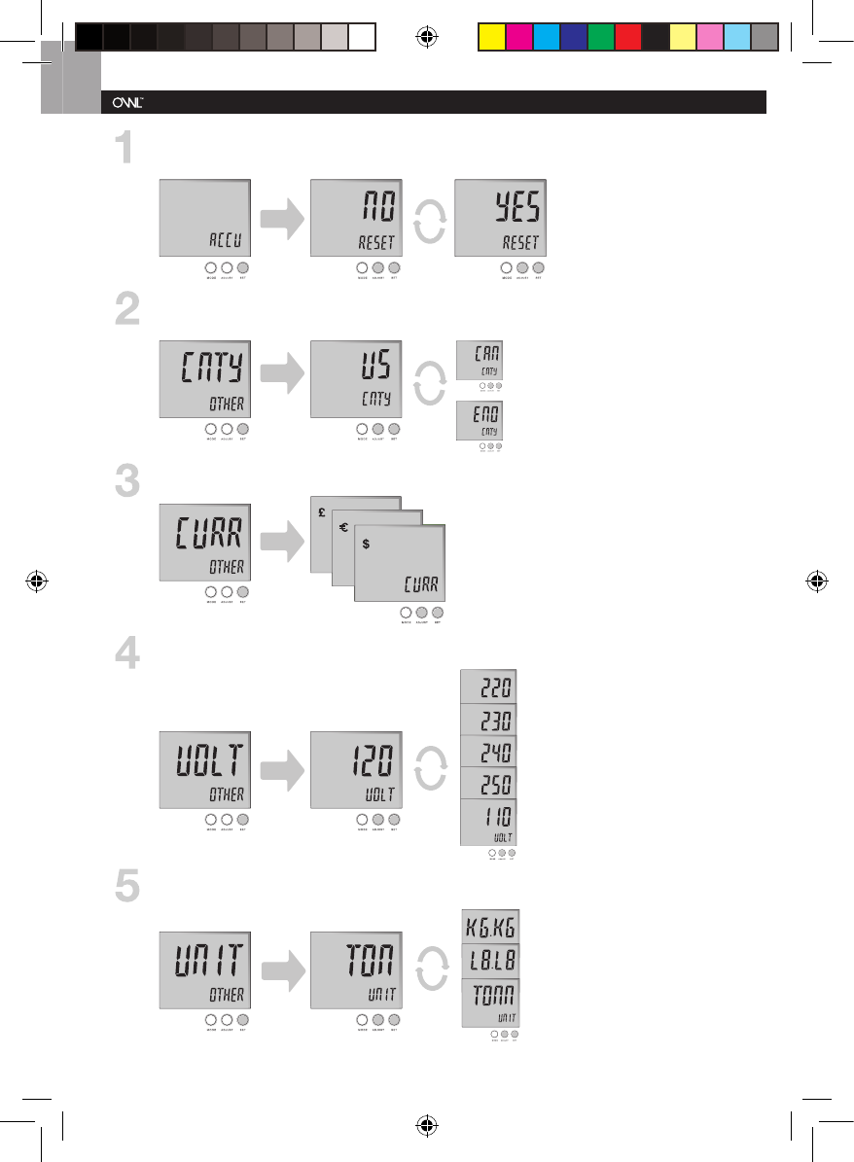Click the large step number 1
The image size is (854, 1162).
tap(124, 151)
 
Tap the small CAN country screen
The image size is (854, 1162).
tap(481, 361)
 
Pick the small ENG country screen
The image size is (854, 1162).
tap(481, 420)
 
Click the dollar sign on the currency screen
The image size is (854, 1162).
tap(365, 545)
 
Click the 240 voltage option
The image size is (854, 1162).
tap(489, 752)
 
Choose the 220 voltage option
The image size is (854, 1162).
tap(489, 687)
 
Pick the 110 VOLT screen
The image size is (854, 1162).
tap(489, 822)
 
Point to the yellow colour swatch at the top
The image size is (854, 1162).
tap(492, 36)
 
